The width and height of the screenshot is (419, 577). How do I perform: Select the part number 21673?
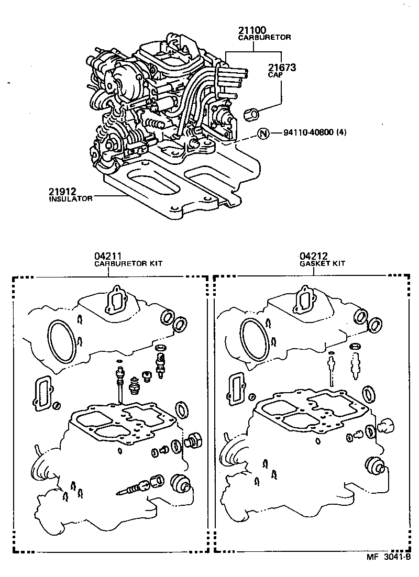[x=282, y=68]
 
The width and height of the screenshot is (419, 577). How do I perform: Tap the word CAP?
[x=275, y=75]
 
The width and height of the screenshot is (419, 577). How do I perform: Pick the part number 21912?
[x=61, y=192]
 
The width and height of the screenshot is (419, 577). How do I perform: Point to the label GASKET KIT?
[x=322, y=264]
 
